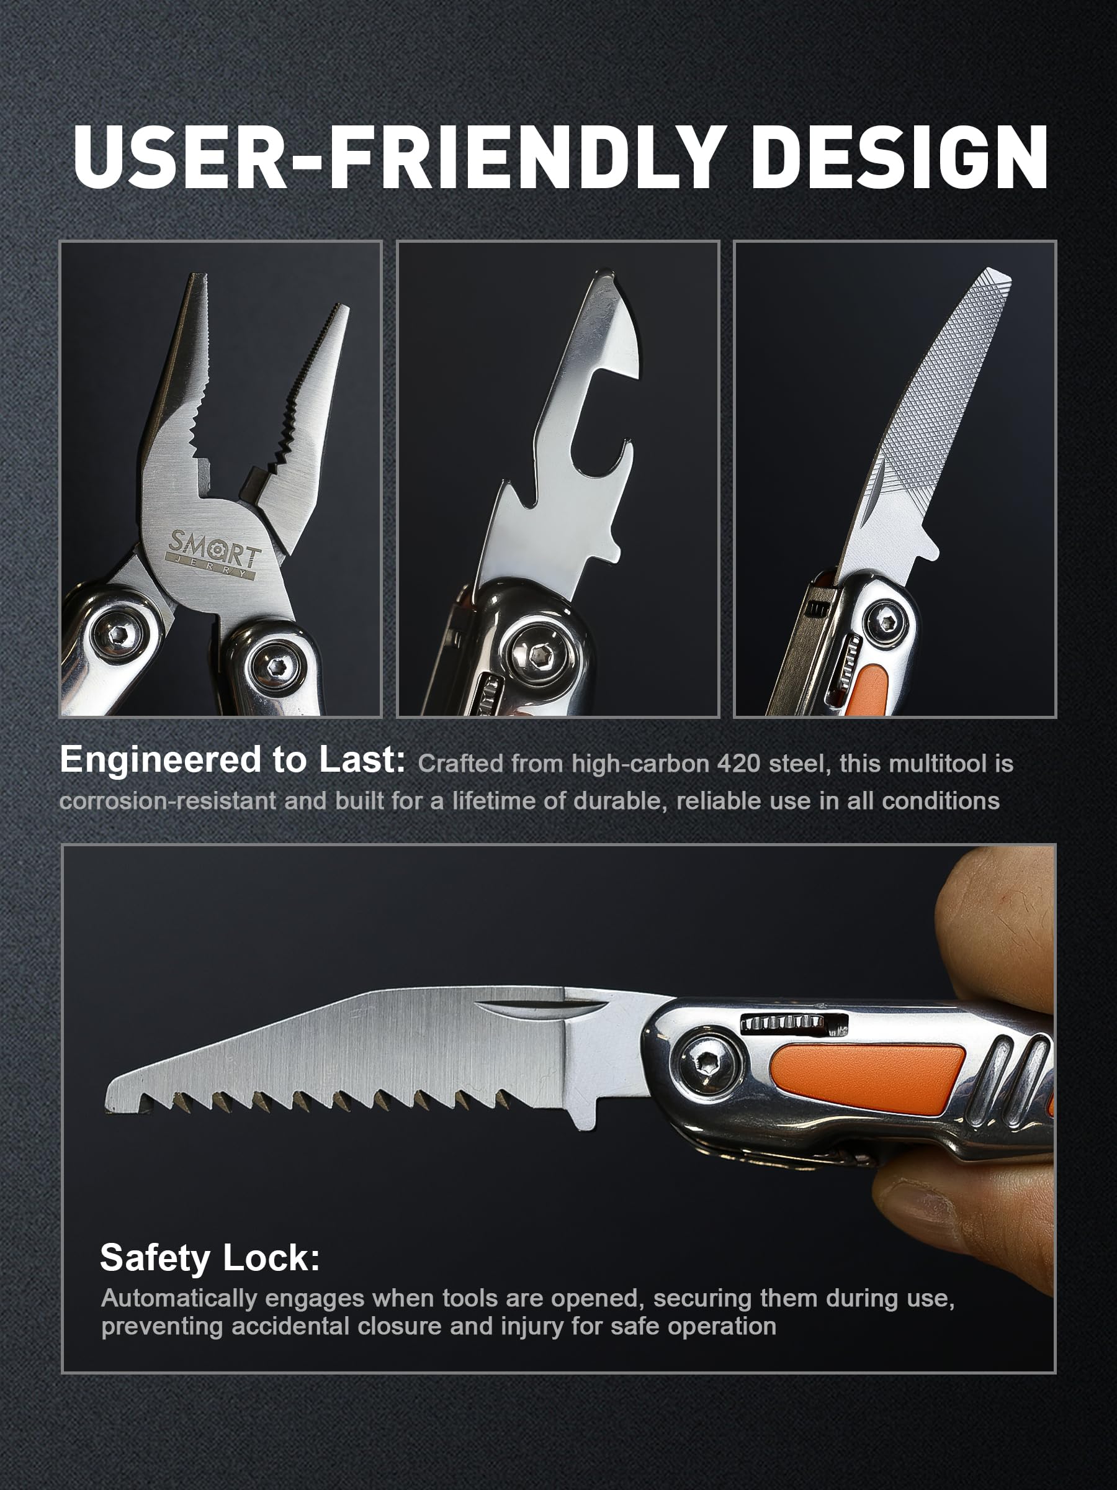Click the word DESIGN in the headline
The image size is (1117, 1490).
[x=900, y=157]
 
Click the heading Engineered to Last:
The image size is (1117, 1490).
[x=232, y=760]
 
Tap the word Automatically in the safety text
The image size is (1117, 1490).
[x=180, y=1298]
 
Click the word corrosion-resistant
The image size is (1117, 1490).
[x=168, y=801]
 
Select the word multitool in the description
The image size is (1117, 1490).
[x=937, y=764]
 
